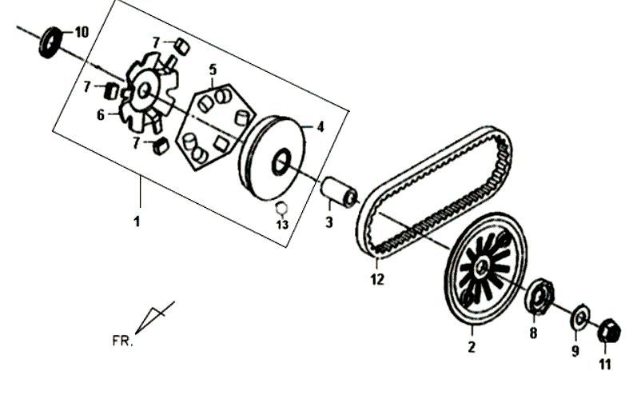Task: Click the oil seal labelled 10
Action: tap(50, 42)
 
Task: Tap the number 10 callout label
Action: tap(82, 32)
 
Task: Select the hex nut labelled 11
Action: tap(609, 330)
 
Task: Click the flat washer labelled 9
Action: tap(579, 316)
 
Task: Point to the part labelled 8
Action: tap(539, 296)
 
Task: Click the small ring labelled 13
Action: tap(281, 208)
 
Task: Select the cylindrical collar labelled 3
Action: tap(339, 192)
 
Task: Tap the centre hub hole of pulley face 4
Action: tap(281, 162)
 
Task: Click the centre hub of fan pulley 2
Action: tap(483, 266)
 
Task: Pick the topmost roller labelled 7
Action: tap(182, 46)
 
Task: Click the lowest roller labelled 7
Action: tap(161, 146)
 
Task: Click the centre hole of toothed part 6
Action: tap(144, 90)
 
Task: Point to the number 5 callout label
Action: tap(213, 70)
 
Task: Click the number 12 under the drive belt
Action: tap(377, 279)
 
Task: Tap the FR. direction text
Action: tap(122, 341)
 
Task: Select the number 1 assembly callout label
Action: tap(137, 221)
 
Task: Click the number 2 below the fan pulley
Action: tap(472, 347)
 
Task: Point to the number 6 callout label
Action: tap(101, 115)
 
